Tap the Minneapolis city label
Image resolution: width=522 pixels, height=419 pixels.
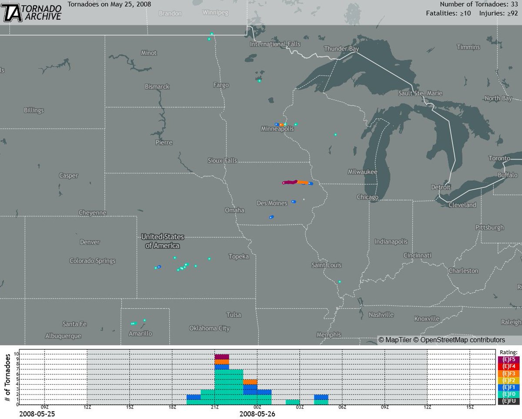pos(277,129)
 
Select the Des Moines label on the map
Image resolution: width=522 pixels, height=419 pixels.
pos(272,203)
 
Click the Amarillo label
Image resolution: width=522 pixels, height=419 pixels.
pos(140,334)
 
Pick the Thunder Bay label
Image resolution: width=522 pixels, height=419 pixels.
pos(341,49)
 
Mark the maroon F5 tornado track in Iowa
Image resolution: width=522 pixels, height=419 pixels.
pos(290,182)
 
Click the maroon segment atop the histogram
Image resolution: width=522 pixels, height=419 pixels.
pos(222,357)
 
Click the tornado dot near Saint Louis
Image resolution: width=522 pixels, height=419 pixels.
pos(340,282)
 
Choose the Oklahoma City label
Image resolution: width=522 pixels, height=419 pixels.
pos(209,328)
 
